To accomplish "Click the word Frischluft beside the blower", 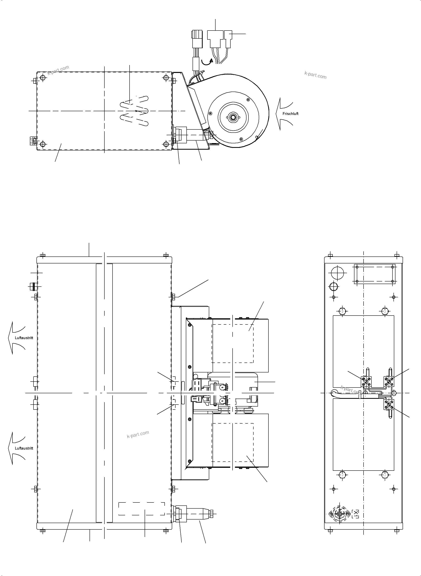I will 290,114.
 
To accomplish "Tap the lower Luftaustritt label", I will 24,448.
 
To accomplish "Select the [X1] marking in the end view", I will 355,514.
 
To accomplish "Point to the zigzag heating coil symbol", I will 134,111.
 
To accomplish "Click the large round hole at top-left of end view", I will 337,273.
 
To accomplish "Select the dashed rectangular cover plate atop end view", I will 375,274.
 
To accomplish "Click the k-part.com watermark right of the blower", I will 315,75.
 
